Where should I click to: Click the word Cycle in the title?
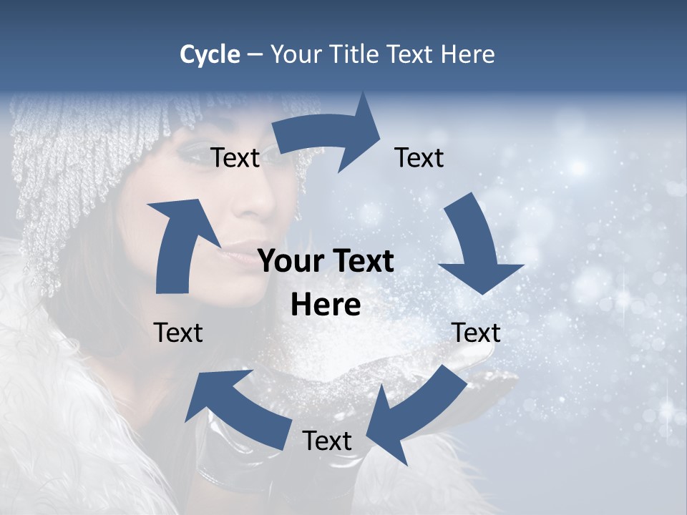(210, 54)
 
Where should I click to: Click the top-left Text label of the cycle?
(235, 158)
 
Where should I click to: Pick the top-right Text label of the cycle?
(419, 157)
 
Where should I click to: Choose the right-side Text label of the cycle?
(476, 333)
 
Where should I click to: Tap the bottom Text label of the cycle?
(327, 441)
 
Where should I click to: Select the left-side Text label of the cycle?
(178, 333)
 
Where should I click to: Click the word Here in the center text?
(326, 305)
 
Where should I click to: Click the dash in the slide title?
(255, 55)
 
